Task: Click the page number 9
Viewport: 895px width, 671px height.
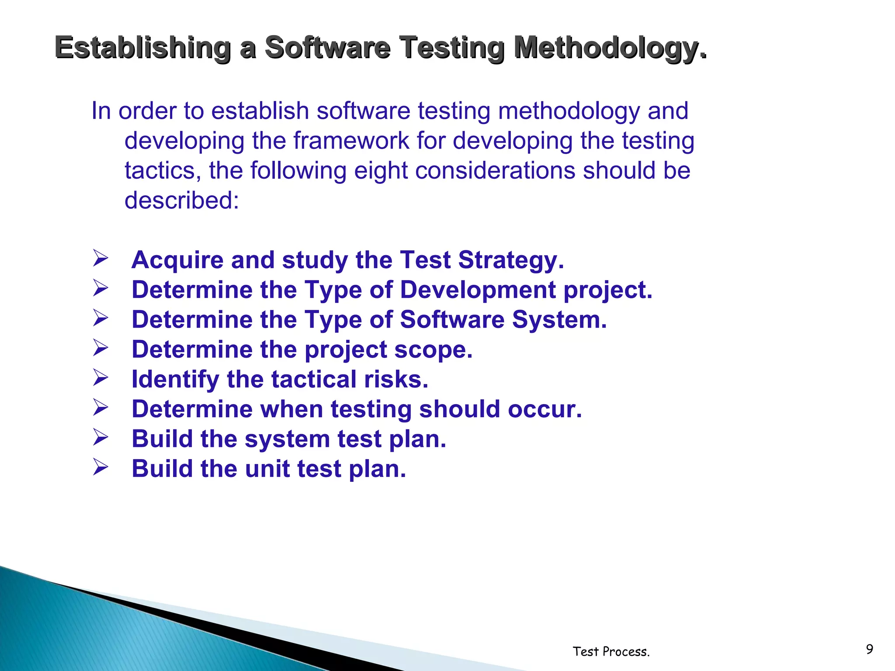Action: point(869,649)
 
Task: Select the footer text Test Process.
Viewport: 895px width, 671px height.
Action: point(611,651)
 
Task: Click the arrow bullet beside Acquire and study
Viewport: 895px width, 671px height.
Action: point(100,258)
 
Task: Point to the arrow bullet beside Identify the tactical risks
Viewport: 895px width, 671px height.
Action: point(100,378)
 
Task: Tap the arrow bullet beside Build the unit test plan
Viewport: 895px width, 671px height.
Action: point(100,467)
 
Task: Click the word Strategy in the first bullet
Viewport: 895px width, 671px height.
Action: point(511,260)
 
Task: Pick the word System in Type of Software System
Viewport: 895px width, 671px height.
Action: point(559,319)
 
